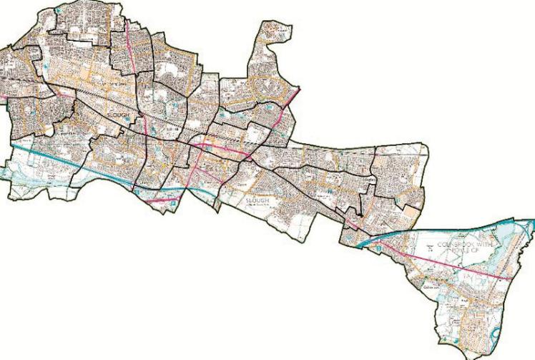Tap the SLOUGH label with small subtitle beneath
(257, 202)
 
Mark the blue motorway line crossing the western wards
(72, 164)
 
